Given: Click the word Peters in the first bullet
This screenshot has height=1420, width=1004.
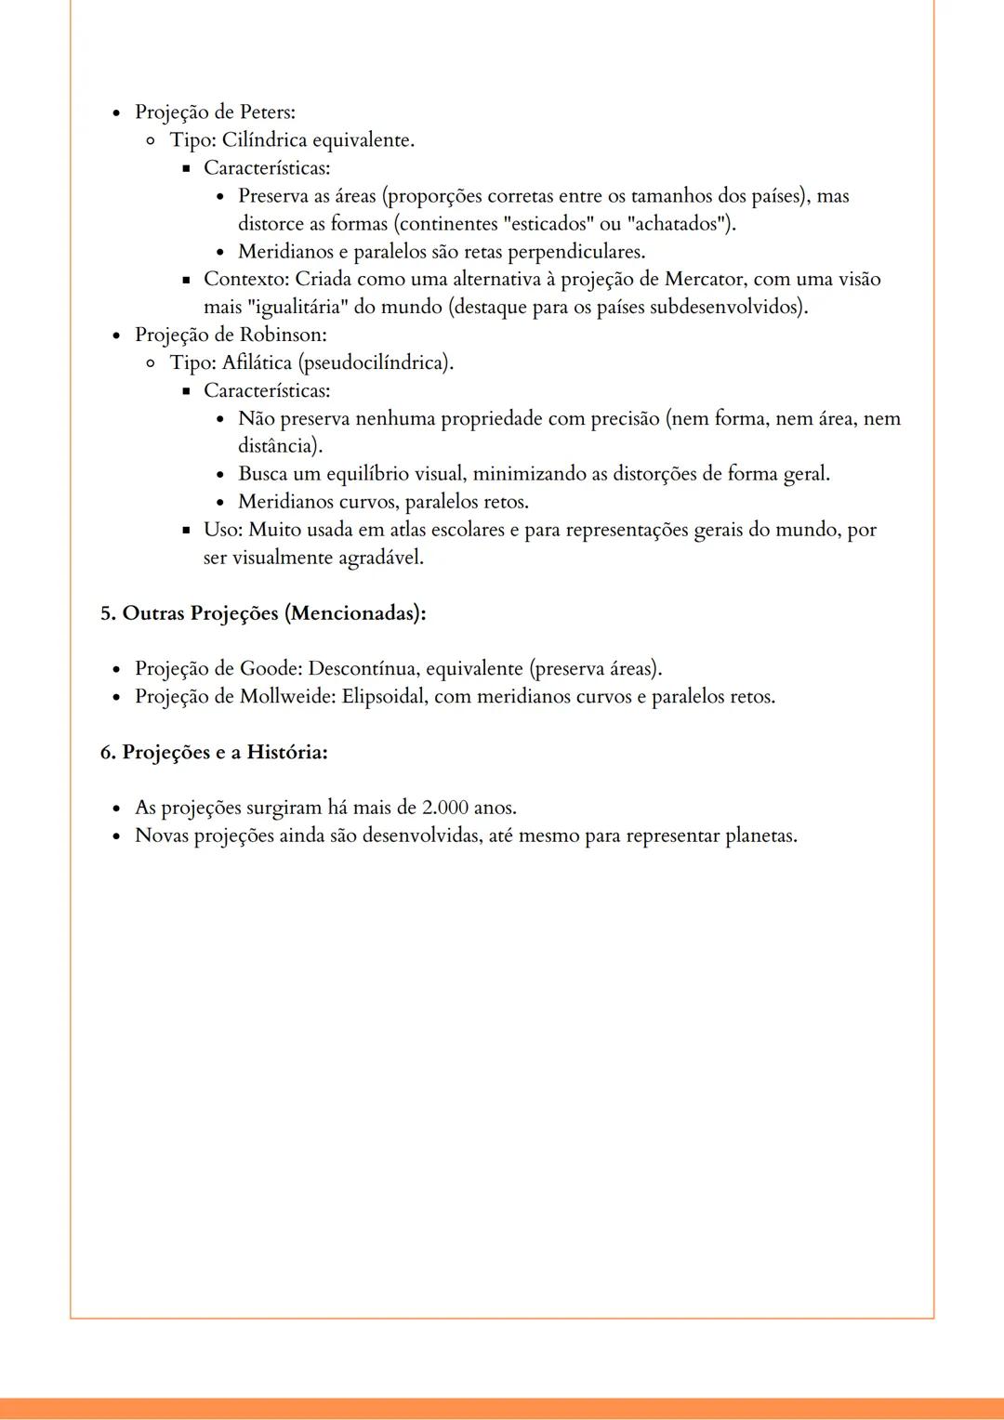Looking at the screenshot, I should coord(266,112).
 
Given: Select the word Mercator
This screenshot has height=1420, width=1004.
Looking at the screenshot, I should coord(706,280).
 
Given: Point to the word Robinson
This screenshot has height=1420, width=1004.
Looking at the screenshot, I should coord(283,335).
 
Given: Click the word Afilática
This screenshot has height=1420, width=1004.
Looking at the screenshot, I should coord(257,362).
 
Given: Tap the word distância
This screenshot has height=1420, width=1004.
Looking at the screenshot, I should coord(279,446).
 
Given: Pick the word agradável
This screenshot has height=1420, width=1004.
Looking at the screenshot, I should coord(379,558).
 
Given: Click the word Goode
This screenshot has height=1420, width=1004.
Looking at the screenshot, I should coord(270,669).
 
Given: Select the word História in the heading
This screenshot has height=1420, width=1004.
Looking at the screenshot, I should coord(286,752).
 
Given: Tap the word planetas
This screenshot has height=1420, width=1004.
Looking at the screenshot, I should coord(760,835).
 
